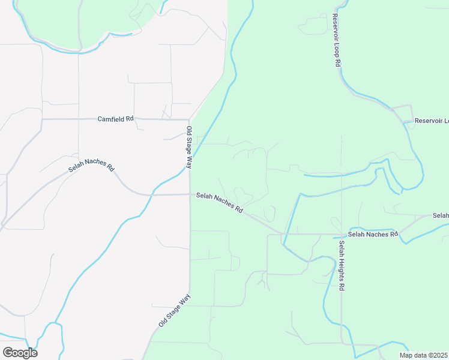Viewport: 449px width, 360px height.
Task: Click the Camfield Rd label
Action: pyautogui.click(x=115, y=119)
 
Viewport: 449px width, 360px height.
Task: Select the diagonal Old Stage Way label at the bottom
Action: pyautogui.click(x=175, y=310)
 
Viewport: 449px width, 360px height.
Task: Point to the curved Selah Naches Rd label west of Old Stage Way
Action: pyautogui.click(x=91, y=166)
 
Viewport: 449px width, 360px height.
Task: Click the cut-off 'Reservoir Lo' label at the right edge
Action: pyautogui.click(x=432, y=121)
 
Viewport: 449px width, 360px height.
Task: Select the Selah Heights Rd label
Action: pyautogui.click(x=341, y=266)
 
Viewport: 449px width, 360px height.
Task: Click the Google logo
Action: pyautogui.click(x=20, y=353)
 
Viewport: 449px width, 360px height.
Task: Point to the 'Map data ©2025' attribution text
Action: pyautogui.click(x=424, y=355)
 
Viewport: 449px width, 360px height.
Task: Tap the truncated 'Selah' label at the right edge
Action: pyautogui.click(x=441, y=215)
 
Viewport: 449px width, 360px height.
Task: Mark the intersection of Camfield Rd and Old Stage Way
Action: pyautogui.click(x=190, y=119)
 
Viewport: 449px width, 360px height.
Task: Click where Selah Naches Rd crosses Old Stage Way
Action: pyautogui.click(x=190, y=194)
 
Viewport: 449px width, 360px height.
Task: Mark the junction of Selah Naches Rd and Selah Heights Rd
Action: pyautogui.click(x=342, y=234)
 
